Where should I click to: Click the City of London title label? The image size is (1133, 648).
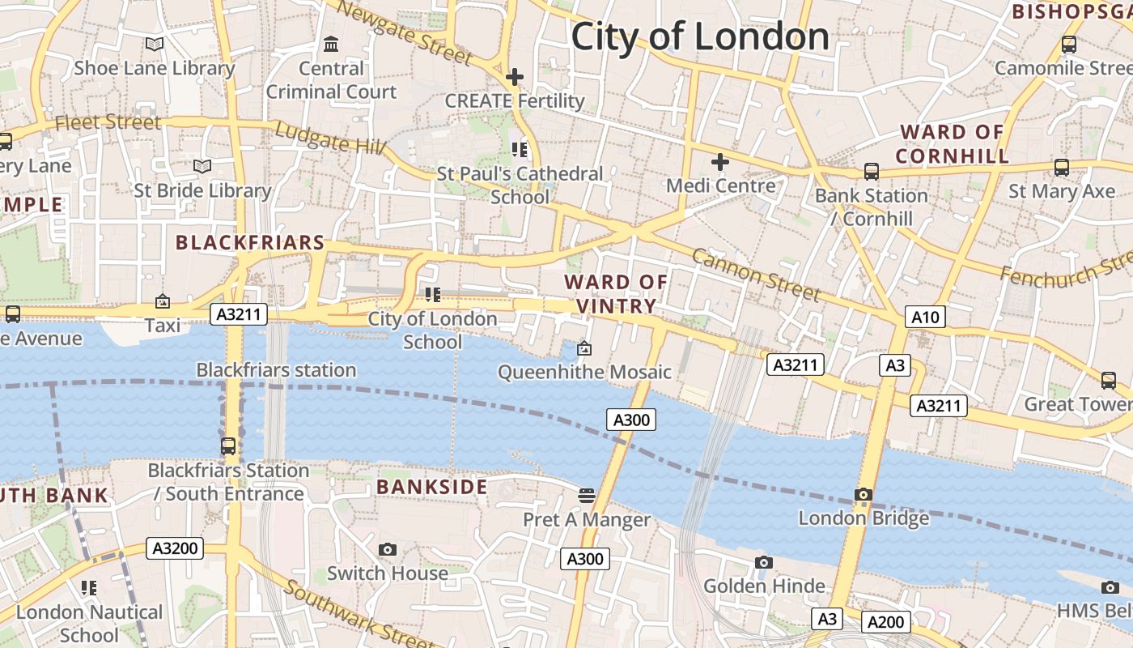click(700, 37)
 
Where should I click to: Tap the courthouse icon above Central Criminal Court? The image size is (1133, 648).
click(331, 44)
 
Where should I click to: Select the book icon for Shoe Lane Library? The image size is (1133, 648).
click(154, 44)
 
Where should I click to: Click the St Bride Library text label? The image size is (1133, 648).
click(202, 190)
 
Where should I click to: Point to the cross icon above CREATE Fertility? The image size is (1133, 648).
click(514, 77)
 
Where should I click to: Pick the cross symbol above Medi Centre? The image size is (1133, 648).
click(719, 161)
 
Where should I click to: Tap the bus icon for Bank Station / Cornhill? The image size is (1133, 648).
click(871, 171)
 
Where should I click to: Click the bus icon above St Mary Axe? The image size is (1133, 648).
click(1061, 168)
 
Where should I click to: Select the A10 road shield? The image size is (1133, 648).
click(925, 317)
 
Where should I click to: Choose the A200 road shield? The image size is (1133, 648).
click(885, 622)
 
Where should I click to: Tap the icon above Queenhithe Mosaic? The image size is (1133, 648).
click(583, 348)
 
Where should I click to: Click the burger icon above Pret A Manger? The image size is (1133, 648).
click(587, 495)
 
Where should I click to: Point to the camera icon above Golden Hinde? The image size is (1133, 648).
click(763, 562)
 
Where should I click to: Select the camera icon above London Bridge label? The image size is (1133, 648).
click(864, 494)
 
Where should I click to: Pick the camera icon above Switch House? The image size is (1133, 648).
click(388, 549)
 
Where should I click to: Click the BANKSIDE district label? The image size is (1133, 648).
click(432, 487)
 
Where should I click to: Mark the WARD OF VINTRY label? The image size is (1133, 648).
click(616, 294)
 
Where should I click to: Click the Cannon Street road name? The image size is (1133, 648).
click(755, 275)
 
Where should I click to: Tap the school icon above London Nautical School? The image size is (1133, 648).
click(89, 587)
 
